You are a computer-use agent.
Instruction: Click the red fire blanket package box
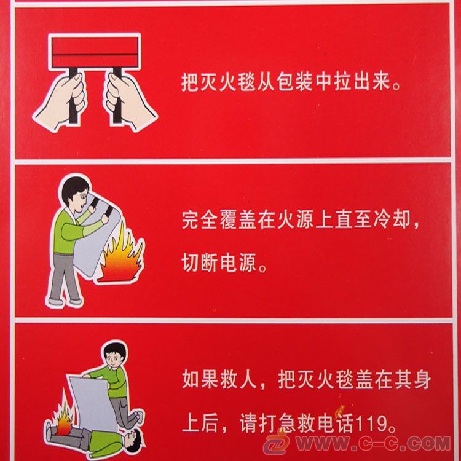(95, 52)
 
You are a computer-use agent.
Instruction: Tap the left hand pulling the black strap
(60, 103)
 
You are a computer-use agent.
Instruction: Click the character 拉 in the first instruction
(343, 81)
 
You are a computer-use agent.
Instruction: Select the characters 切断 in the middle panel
(200, 262)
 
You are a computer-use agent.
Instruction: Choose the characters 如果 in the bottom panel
(200, 380)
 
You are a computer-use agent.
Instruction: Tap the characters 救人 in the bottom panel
(238, 380)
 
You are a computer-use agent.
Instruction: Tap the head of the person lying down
(134, 440)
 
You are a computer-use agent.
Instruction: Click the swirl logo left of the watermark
(277, 443)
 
